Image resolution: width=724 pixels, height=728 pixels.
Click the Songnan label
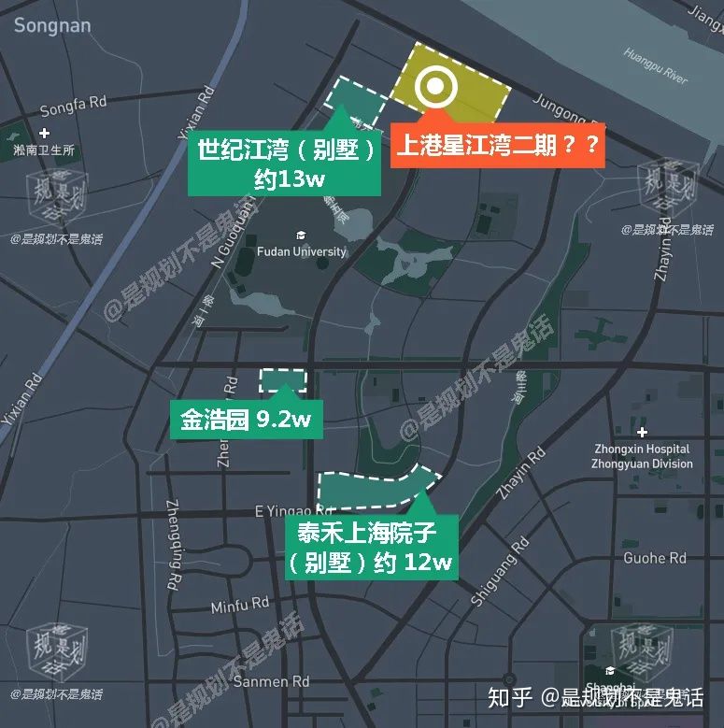point(52,25)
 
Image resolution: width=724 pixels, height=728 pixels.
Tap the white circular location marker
point(436,88)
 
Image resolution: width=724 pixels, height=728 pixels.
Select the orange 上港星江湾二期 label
point(497,147)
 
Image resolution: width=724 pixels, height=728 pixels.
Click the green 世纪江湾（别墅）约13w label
point(287,164)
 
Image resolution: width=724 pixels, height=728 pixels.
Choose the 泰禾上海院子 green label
point(372,548)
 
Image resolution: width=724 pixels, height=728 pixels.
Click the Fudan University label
point(301,251)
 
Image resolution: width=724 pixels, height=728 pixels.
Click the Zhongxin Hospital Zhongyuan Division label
point(642,456)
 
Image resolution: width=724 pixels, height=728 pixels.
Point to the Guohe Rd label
point(654,558)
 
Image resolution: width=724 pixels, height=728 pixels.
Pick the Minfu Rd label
point(239,607)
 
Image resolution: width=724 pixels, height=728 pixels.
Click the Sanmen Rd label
point(271,682)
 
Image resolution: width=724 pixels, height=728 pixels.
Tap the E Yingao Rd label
point(293,511)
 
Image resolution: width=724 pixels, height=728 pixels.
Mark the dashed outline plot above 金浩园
point(282,379)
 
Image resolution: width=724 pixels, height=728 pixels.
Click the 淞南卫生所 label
point(44,150)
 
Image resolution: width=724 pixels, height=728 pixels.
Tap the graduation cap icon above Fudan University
point(301,235)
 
